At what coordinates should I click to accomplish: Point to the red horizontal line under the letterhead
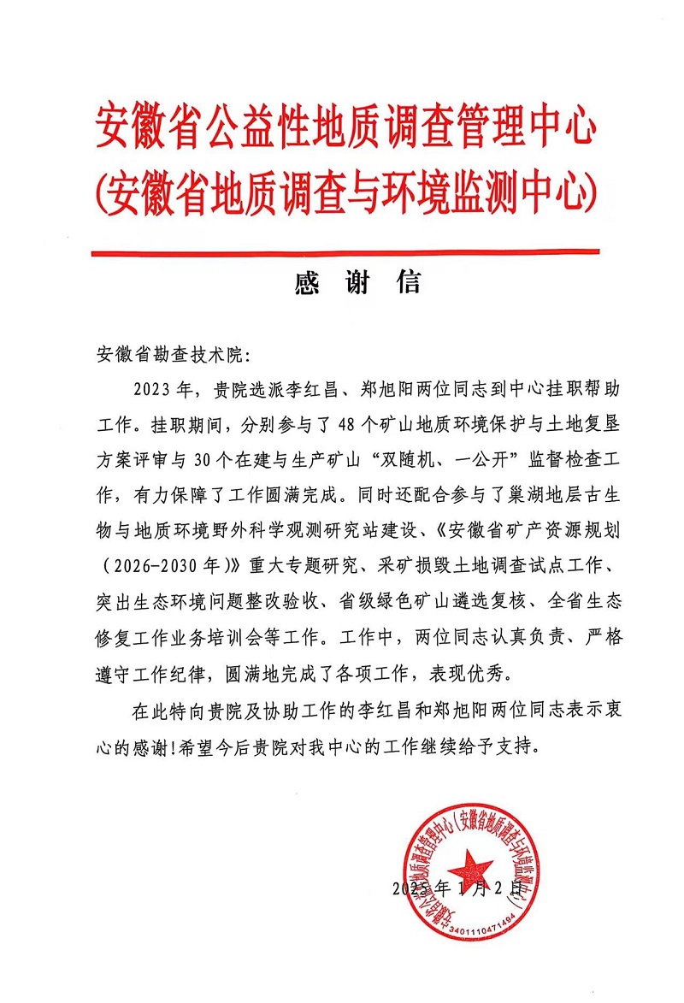point(345,252)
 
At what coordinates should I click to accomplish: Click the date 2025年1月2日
point(457,887)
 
